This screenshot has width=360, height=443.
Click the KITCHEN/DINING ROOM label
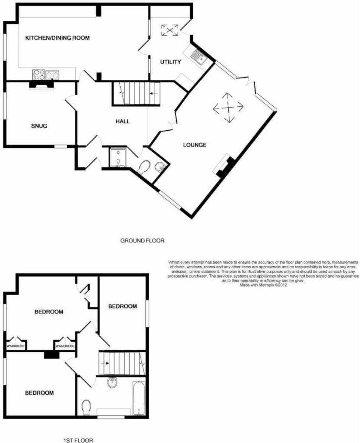(57, 38)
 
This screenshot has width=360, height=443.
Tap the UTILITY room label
(170, 62)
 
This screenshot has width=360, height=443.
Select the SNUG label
(39, 126)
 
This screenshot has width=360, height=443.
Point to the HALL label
(122, 121)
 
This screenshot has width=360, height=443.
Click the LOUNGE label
(194, 145)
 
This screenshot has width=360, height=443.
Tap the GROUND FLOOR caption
(142, 241)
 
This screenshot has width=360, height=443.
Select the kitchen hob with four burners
(39, 75)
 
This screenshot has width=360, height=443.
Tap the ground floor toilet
(143, 168)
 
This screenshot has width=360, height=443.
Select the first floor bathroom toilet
(87, 406)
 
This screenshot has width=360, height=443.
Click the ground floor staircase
(137, 93)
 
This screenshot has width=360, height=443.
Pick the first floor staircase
(120, 363)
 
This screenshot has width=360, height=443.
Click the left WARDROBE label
(15, 346)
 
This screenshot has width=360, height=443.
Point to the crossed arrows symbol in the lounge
(229, 108)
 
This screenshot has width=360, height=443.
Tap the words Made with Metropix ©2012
(263, 285)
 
